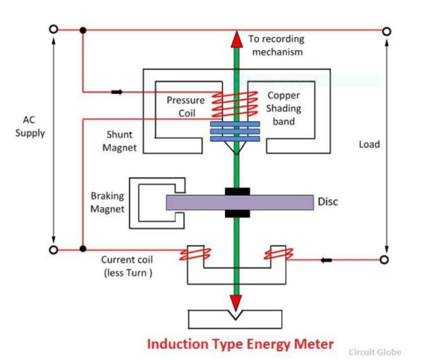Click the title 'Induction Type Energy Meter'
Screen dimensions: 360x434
(x=239, y=344)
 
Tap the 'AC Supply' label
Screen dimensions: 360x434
(x=30, y=127)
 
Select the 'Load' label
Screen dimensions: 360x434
(x=369, y=144)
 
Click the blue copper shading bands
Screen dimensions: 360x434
(x=235, y=131)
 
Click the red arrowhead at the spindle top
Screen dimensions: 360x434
(x=236, y=39)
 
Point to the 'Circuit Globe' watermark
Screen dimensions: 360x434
(x=375, y=352)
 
